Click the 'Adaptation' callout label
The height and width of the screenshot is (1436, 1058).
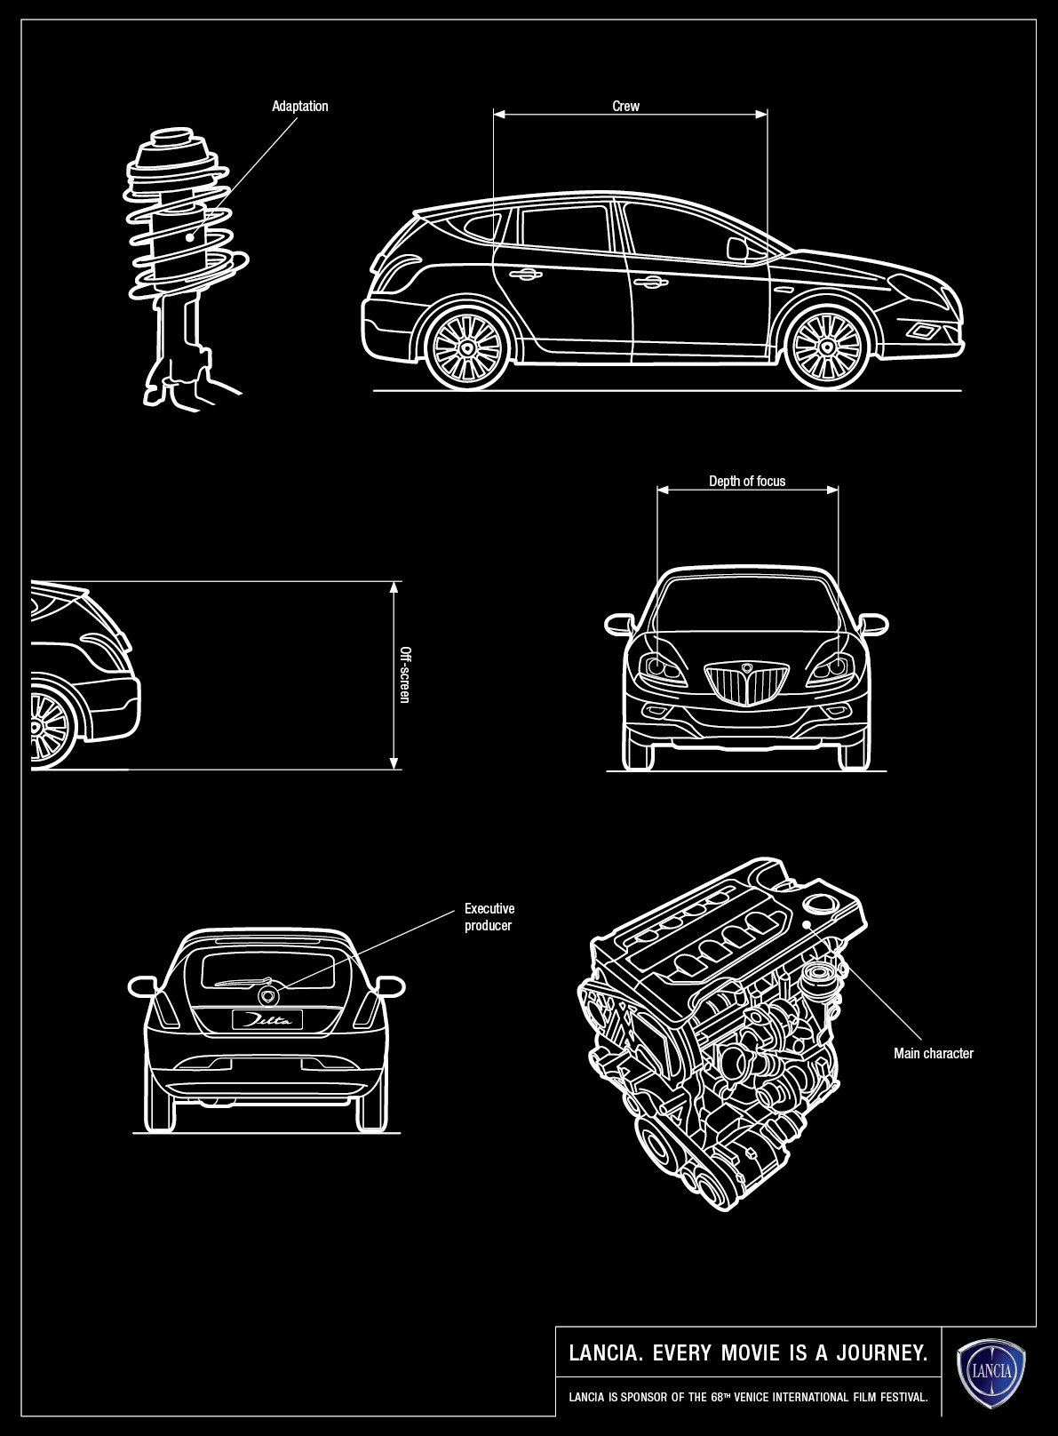point(299,107)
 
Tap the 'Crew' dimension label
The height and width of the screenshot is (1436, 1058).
point(625,107)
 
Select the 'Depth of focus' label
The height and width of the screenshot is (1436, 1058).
point(746,482)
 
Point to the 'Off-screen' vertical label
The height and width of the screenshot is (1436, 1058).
point(405,674)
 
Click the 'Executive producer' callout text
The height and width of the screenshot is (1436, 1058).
point(489,917)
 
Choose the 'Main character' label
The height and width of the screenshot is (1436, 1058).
point(933,1054)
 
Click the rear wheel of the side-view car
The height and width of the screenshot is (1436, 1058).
point(467,347)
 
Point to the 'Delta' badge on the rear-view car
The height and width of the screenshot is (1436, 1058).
point(266,1020)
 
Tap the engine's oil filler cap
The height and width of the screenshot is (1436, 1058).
point(815,904)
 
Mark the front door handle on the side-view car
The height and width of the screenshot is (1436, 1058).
point(650,283)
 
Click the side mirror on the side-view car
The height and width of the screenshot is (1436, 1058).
point(736,248)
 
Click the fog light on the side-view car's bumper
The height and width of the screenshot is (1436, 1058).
point(922,332)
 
